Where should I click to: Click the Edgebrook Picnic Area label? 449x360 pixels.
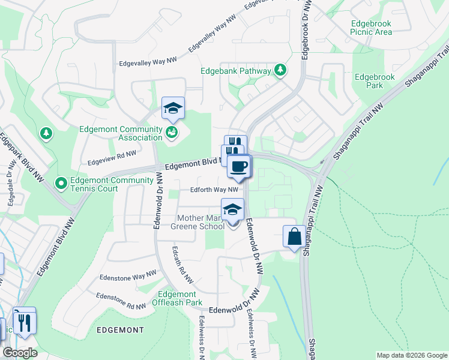coord(371,28)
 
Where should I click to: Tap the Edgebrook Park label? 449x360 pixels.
coord(369,81)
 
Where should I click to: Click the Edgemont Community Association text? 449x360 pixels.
coord(121,134)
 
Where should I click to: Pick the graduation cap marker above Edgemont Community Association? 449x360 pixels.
coord(173,108)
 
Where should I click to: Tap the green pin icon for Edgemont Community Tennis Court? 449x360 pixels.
coord(61,182)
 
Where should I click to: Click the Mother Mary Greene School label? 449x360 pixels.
coord(200,222)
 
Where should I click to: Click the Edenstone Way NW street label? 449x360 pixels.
coord(123,277)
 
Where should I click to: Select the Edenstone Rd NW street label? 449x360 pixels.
coord(121,302)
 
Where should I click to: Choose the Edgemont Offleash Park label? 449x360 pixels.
coord(177,298)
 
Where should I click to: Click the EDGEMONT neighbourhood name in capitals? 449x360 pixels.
coord(119,331)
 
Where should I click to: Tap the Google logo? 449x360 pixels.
coord(20,353)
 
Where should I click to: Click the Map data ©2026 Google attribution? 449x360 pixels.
coord(412,355)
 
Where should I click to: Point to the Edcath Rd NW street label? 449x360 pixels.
coord(182,265)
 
